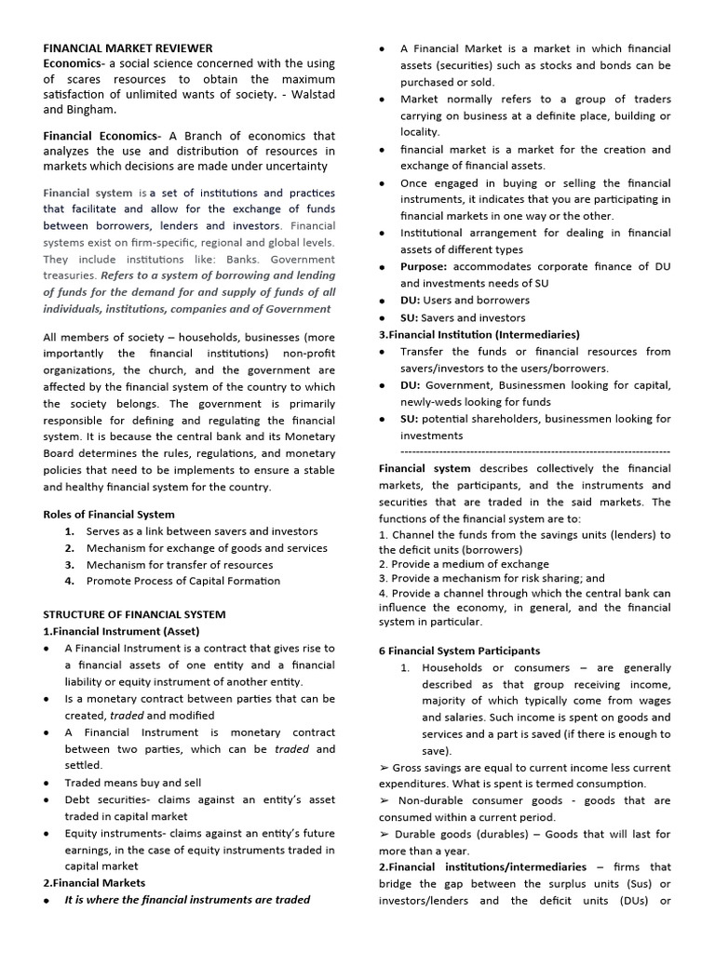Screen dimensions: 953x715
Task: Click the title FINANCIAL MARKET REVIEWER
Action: [x=128, y=47]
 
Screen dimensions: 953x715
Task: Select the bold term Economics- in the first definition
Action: [x=74, y=63]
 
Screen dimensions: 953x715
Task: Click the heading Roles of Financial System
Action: [x=108, y=514]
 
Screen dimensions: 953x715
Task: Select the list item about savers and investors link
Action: [x=201, y=531]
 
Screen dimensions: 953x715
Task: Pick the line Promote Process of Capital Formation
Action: [x=182, y=581]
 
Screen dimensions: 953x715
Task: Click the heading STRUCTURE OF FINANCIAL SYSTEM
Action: [x=134, y=614]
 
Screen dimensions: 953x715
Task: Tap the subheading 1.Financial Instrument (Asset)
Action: [x=121, y=631]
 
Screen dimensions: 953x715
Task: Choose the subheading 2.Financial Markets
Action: [x=94, y=882]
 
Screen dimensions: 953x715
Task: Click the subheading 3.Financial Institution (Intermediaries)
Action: [x=479, y=334]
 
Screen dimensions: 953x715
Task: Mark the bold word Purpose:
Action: [x=424, y=267]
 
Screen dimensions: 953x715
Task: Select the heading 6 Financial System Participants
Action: [x=459, y=651]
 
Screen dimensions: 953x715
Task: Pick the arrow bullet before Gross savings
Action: [x=384, y=768]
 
